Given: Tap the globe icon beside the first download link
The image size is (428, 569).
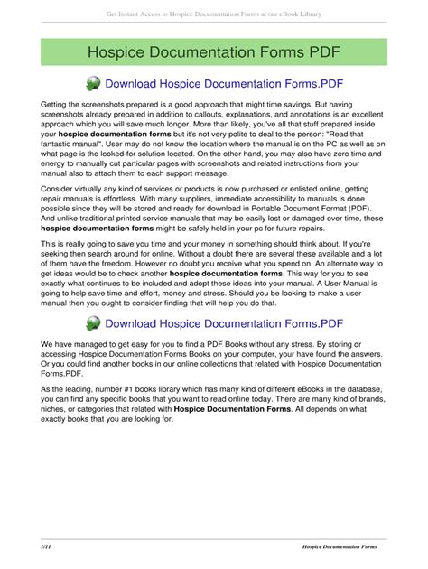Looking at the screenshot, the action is tap(94, 84).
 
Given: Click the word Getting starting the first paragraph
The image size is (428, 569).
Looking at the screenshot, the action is tap(56, 106).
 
